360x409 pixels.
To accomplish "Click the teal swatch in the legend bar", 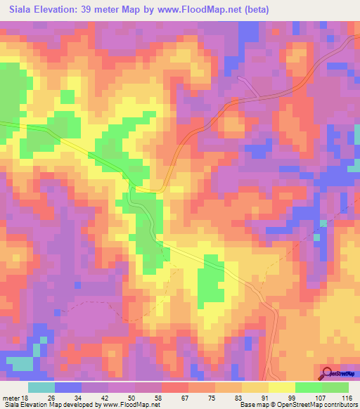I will coord(41,387).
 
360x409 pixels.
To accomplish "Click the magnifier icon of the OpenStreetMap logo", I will coord(328,374).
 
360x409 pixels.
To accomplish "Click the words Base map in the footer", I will coord(252,405).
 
